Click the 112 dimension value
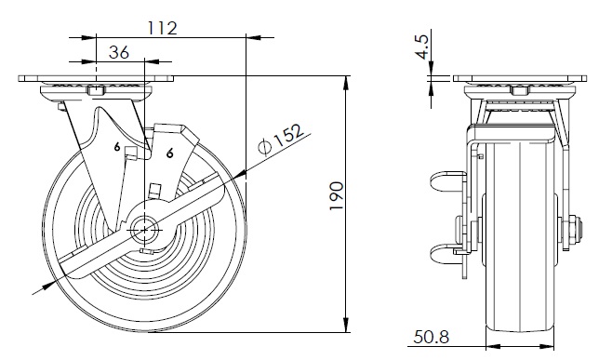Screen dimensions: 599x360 tap(163, 28)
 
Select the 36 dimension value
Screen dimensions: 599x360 tap(119, 52)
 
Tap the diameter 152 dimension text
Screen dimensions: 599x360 tap(281, 139)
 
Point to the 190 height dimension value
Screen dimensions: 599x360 tap(337, 195)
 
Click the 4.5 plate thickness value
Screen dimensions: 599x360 tap(422, 47)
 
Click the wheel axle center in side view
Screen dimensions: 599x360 tap(144, 230)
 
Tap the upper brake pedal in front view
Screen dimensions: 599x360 tap(448, 180)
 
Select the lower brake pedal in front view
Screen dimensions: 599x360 tap(447, 253)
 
